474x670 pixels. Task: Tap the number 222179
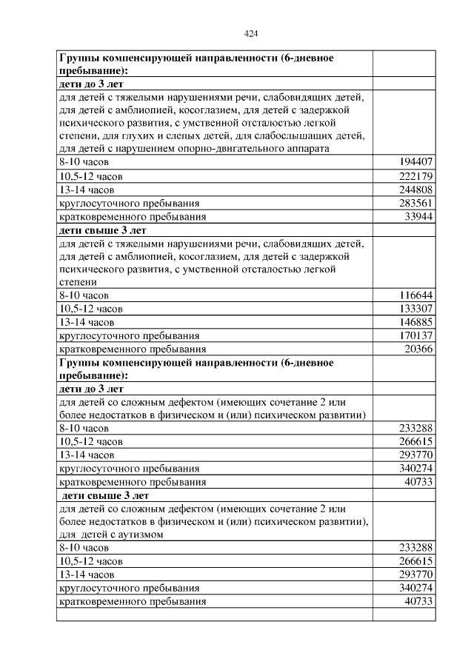click(415, 175)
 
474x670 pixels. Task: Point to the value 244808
click(415, 189)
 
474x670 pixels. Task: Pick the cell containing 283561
click(415, 203)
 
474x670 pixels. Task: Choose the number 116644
click(415, 295)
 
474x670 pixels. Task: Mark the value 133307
click(415, 308)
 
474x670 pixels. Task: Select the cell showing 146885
click(415, 322)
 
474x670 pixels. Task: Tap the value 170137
click(415, 335)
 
